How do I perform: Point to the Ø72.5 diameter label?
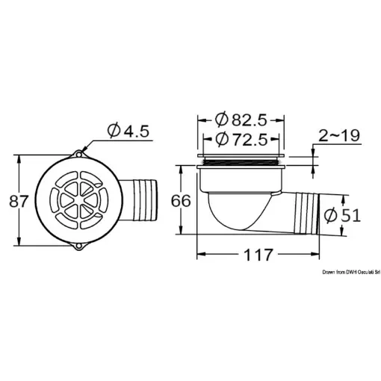coord(240,139)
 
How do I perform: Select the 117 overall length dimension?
coord(258,255)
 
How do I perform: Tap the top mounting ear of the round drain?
coord(79,153)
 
